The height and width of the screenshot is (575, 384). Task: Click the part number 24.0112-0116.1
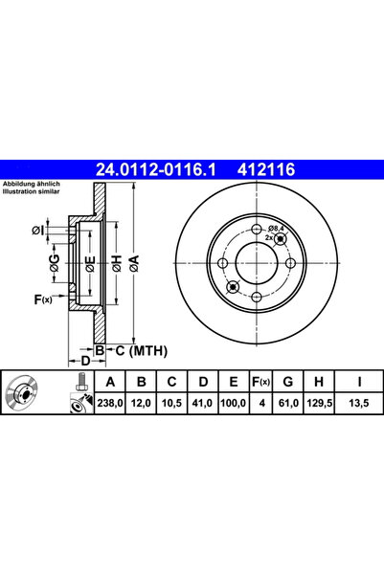pos(155,169)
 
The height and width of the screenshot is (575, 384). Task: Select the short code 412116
pos(266,169)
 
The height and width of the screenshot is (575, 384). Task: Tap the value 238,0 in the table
pos(110,403)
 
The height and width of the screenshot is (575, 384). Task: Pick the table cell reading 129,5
pos(319,403)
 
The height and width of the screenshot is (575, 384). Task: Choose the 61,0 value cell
pos(288,403)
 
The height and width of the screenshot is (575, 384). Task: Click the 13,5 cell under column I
pos(359,403)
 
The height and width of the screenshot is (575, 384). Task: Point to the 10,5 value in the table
pos(171,403)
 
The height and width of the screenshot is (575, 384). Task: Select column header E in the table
pos(233,382)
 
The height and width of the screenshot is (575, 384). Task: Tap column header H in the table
pos(319,382)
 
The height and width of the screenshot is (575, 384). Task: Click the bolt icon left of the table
pos(80,382)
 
